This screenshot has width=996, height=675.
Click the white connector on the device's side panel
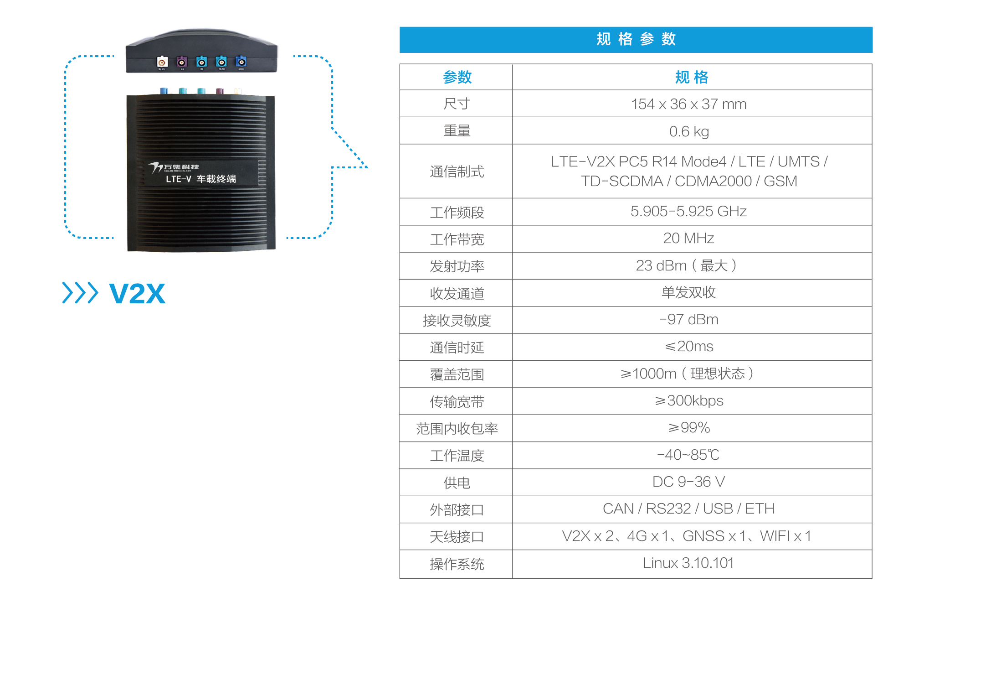162,62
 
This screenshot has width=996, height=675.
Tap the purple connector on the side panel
182,62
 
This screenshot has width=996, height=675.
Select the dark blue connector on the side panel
241,62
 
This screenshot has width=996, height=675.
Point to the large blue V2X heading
137,293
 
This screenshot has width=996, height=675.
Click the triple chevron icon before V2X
80,293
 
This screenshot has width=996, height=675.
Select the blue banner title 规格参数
636,39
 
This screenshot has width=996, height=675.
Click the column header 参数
457,77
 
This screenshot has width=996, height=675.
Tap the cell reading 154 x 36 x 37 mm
688,104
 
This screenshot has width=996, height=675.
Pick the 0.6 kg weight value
688,131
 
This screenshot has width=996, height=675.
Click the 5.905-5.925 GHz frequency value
688,211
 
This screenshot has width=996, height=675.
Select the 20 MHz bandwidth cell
688,238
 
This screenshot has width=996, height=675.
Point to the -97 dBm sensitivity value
688,319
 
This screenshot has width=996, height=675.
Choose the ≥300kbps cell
688,400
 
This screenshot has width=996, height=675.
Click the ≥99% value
688,427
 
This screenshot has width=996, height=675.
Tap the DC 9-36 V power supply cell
688,482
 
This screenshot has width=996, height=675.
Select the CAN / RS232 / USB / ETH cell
688,509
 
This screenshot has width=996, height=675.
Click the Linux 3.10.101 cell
688,563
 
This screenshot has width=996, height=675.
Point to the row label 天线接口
457,536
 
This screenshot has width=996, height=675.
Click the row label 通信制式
457,171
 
